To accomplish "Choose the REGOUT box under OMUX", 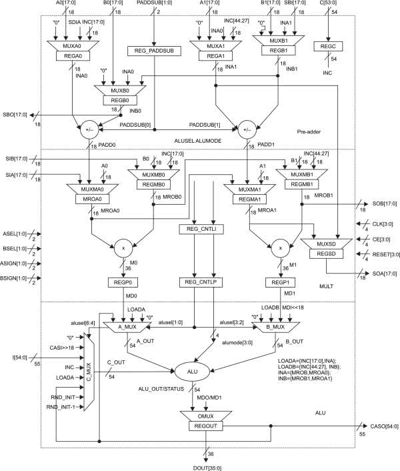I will (x=205, y=424).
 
